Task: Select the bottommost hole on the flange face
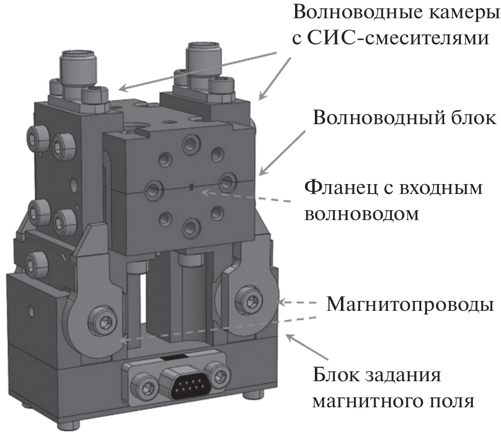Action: (191, 228)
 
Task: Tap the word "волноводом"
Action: (362, 214)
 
